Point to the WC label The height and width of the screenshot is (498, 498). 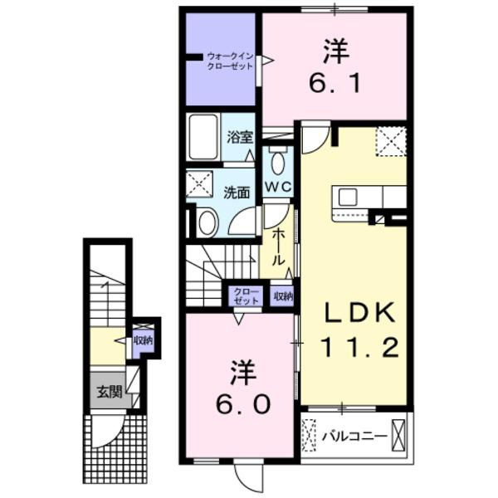[277, 187]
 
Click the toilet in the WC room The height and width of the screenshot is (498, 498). [277, 162]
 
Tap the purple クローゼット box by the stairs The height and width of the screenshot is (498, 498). [246, 296]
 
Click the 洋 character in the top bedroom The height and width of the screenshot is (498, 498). [334, 51]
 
